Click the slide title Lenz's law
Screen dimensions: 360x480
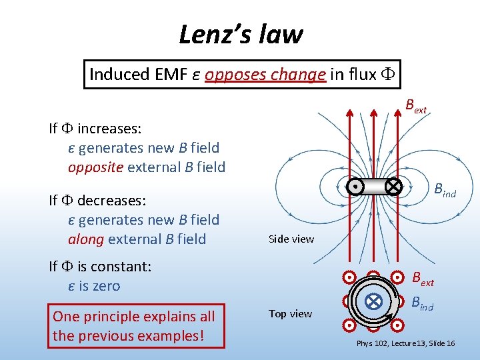click(x=241, y=34)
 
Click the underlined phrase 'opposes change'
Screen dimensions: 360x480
click(x=265, y=74)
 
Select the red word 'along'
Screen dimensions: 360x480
click(x=85, y=239)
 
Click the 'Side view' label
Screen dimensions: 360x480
click(x=291, y=239)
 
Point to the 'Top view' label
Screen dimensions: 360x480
click(x=290, y=313)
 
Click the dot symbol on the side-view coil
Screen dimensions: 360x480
click(x=358, y=187)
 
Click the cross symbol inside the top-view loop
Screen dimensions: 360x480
click(x=374, y=301)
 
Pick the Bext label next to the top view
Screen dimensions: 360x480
click(x=422, y=279)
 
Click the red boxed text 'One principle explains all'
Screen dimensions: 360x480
click(x=133, y=316)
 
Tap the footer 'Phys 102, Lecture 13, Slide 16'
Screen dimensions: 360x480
click(x=405, y=343)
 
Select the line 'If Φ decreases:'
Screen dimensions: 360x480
click(x=97, y=200)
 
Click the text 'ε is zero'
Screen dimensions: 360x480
click(x=94, y=286)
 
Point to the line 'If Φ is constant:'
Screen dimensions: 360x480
click(x=100, y=267)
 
